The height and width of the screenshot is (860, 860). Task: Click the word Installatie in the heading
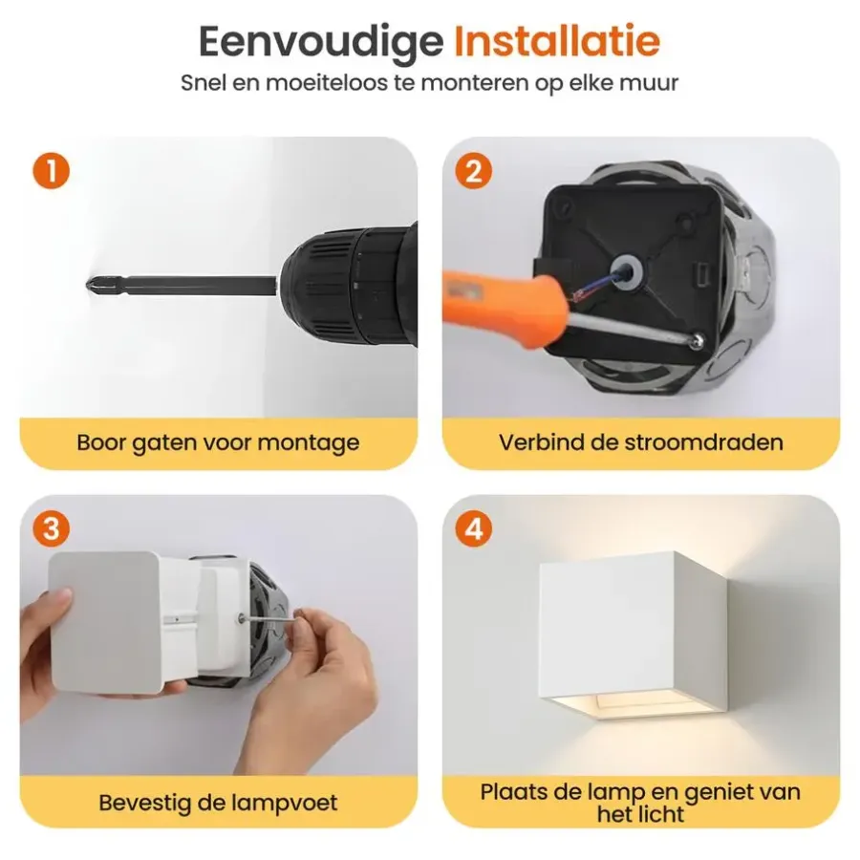tap(557, 41)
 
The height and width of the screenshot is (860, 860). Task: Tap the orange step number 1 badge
tap(51, 171)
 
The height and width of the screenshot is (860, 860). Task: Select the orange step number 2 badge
tap(474, 171)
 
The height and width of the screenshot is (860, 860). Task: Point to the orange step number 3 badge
tap(51, 529)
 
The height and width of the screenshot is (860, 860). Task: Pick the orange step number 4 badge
tap(474, 529)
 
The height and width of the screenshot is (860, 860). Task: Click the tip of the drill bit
tap(88, 285)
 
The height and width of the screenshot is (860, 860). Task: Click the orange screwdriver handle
tap(505, 307)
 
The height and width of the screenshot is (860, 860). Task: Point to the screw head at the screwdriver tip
tap(698, 339)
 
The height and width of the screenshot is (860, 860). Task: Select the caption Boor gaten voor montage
tap(218, 443)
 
